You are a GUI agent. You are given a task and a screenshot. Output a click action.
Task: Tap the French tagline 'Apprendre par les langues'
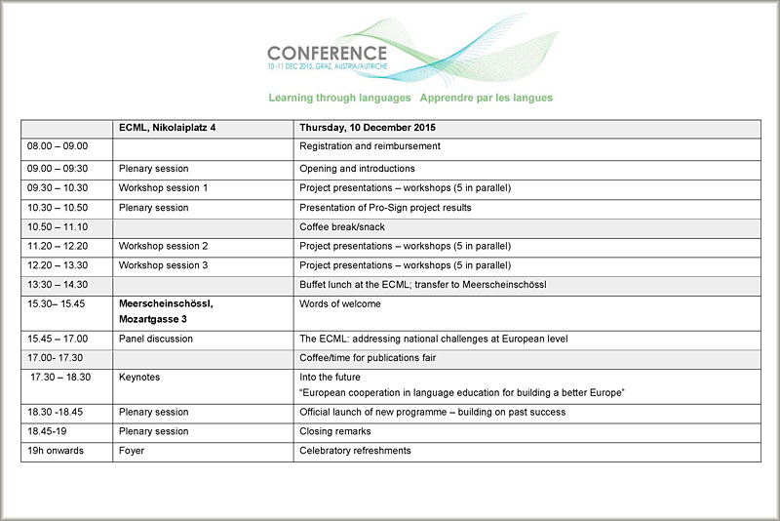pos(487,99)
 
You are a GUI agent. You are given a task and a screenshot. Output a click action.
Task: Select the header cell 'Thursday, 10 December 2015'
pos(368,128)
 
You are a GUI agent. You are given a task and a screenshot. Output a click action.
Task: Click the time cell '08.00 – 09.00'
pos(58,146)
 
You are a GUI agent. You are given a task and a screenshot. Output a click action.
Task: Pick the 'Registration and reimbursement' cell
pos(370,146)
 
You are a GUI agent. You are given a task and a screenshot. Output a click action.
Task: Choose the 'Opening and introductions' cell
pos(357,169)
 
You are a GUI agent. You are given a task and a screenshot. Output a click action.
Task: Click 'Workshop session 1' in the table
pos(163,187)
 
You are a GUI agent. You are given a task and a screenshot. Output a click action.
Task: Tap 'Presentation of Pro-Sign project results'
pos(385,207)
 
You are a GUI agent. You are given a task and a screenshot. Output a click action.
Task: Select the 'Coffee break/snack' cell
pos(342,226)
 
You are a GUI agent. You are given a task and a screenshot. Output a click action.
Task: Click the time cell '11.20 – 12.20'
pos(58,246)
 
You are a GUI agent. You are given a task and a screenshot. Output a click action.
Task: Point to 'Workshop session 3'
pos(163,265)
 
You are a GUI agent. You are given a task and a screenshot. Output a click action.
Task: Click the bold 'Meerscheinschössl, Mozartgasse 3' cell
pos(166,311)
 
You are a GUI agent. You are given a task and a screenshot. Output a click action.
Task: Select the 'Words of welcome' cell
pos(339,303)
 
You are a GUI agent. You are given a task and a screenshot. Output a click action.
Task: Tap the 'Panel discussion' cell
pos(156,339)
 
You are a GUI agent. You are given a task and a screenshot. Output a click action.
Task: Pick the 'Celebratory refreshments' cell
pos(355,451)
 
